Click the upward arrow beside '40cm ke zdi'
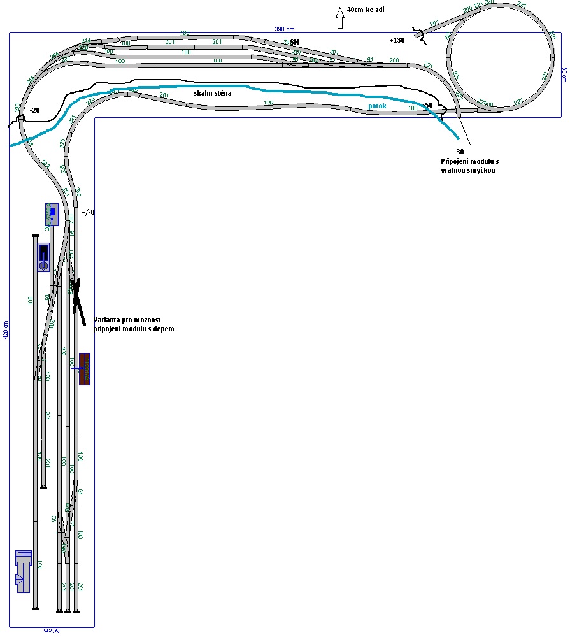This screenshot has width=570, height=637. (339, 18)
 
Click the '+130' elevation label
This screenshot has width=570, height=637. (397, 40)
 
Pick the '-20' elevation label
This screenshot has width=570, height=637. (34, 110)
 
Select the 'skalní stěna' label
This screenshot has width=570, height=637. (213, 93)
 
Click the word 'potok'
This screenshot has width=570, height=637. (377, 106)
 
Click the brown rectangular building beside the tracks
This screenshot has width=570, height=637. (84, 369)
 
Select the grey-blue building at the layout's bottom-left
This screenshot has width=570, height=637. (24, 571)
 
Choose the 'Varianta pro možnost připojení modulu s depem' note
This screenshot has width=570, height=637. (133, 324)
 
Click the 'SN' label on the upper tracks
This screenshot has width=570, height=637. (294, 43)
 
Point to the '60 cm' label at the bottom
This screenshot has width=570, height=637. (52, 631)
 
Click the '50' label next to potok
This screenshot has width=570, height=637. (428, 105)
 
